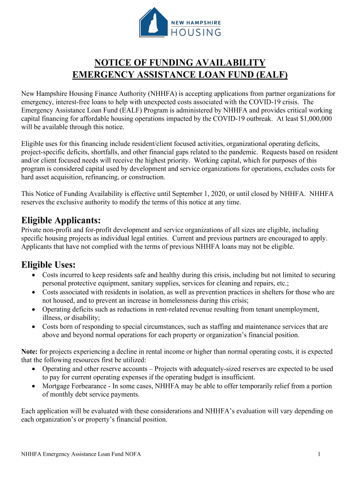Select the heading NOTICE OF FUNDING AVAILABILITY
[180, 63]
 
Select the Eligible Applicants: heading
[61, 220]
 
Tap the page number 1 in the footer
[318, 454]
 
